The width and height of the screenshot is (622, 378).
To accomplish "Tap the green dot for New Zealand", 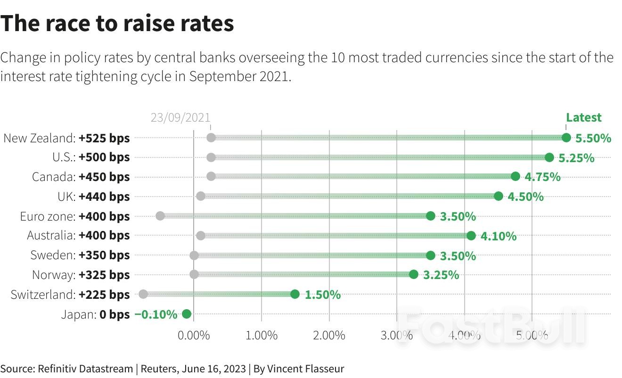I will (x=566, y=138).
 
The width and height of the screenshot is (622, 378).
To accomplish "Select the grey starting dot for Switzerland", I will (x=143, y=294).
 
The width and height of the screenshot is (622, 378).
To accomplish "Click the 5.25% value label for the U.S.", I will (x=576, y=158).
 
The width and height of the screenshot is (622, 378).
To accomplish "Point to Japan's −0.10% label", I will (x=156, y=314).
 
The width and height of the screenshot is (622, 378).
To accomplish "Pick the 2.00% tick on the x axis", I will (x=329, y=336).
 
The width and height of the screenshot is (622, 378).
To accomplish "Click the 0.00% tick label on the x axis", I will (x=194, y=336).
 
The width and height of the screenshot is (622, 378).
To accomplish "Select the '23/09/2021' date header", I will (x=180, y=118).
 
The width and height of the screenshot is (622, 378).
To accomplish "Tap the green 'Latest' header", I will (x=584, y=117).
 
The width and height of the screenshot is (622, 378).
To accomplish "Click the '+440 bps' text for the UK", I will (x=104, y=197).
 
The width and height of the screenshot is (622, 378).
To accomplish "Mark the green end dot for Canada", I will (x=515, y=176).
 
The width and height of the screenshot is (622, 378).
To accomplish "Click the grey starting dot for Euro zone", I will (x=160, y=216).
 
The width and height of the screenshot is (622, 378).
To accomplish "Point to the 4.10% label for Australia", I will (x=499, y=236).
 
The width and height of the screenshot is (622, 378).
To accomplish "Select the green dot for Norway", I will (x=413, y=274).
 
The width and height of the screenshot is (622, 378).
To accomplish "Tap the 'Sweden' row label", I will (x=53, y=255).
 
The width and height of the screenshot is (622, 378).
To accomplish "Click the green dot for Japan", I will (x=186, y=314).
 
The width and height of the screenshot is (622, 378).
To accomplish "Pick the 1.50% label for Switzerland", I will (x=323, y=295).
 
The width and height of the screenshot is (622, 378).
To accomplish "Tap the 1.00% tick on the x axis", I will (x=262, y=336).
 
